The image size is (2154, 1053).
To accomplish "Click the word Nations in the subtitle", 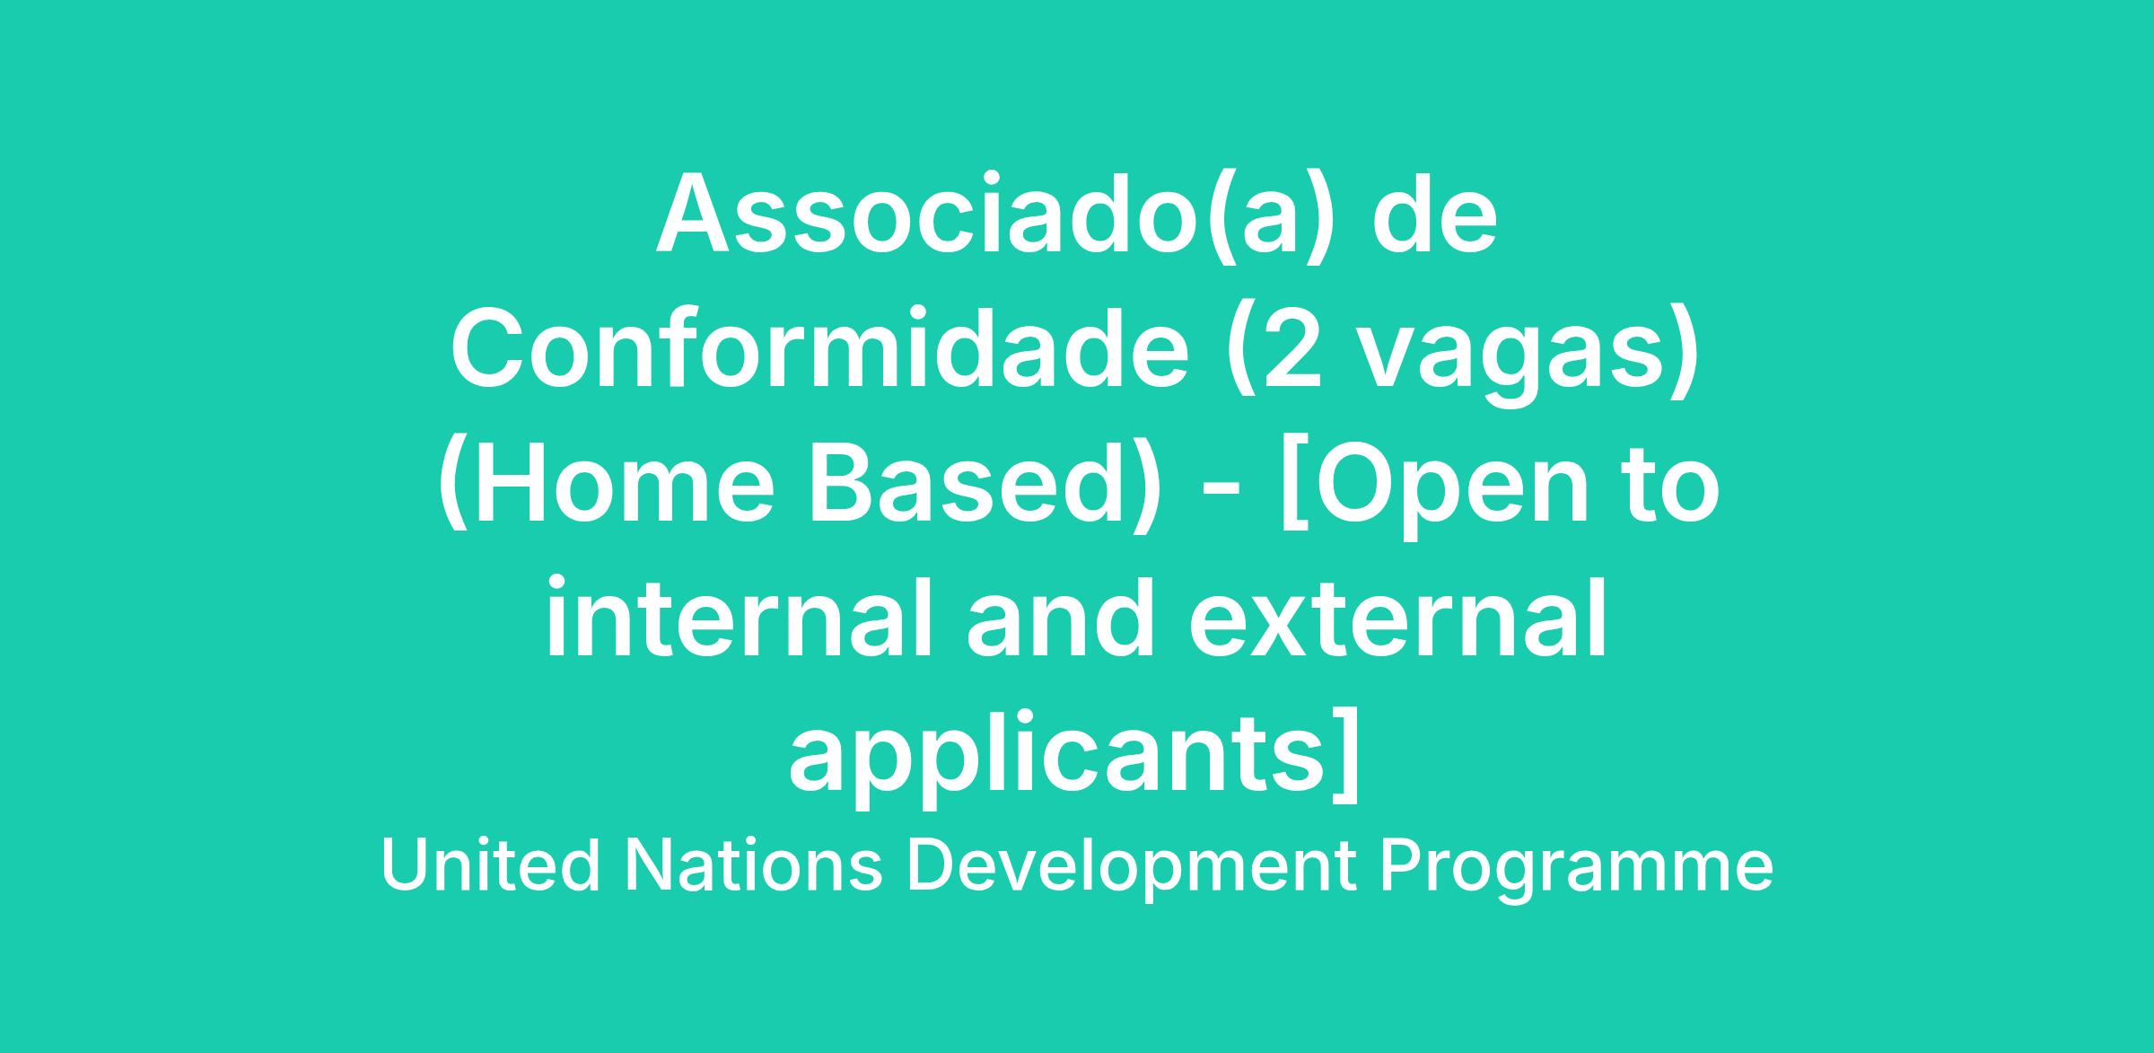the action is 754,865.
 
